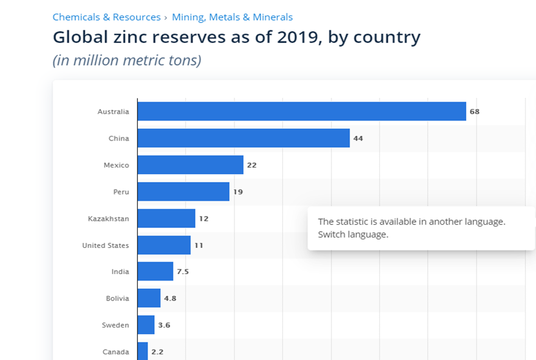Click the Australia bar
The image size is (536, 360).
[x=302, y=111]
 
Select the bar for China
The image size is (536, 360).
[x=243, y=138]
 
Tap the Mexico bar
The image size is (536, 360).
[x=190, y=165]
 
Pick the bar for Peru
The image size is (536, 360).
[x=183, y=192]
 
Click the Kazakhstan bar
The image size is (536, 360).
[x=166, y=218]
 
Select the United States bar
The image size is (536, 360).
[x=164, y=245]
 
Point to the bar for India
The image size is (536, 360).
[x=155, y=271]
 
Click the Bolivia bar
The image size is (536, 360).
[x=149, y=298]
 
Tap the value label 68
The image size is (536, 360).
[x=475, y=111]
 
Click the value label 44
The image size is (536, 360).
[x=358, y=139]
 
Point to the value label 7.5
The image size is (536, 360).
[x=183, y=272]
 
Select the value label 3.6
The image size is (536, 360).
[x=164, y=325]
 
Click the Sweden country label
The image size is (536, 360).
[x=115, y=325]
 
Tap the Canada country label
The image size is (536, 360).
[x=115, y=352]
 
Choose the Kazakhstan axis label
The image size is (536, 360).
[x=108, y=219]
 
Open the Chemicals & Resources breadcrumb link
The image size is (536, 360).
[x=106, y=17]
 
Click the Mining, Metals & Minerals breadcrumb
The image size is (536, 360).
[x=232, y=17]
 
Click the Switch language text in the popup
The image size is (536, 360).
[x=353, y=234]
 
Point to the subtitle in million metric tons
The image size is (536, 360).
[x=127, y=61]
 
